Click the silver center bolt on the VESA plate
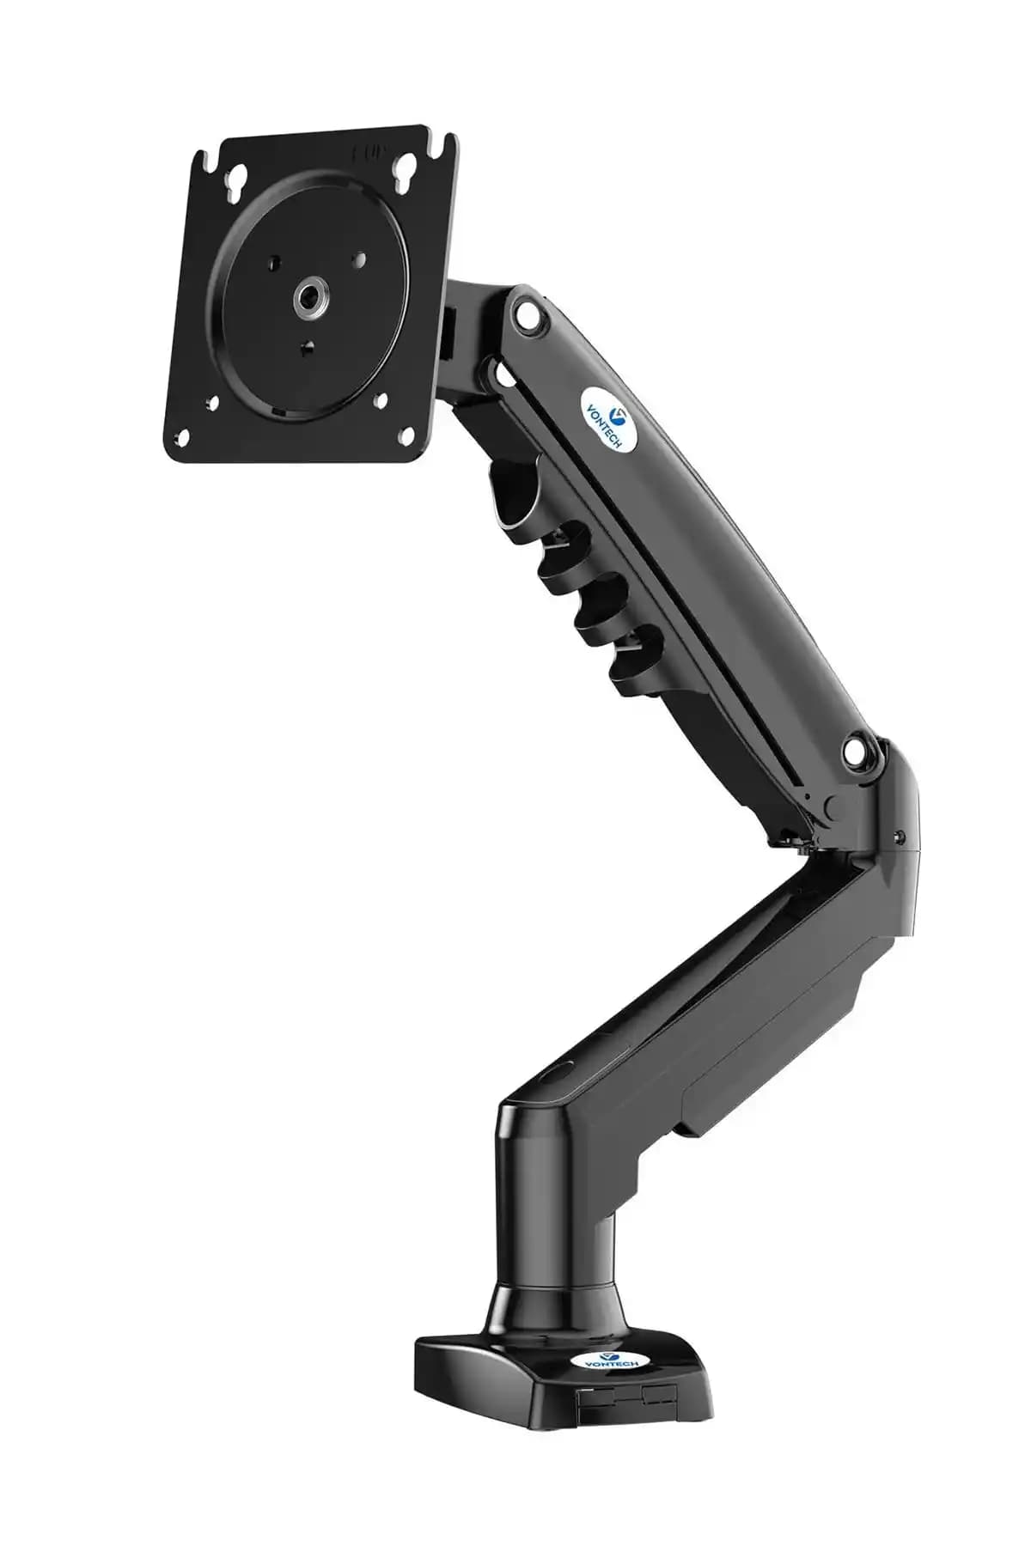point(307,298)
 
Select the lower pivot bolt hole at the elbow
point(857,750)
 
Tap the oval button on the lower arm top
point(557,1075)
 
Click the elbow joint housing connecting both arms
point(885,825)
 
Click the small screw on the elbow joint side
point(900,837)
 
